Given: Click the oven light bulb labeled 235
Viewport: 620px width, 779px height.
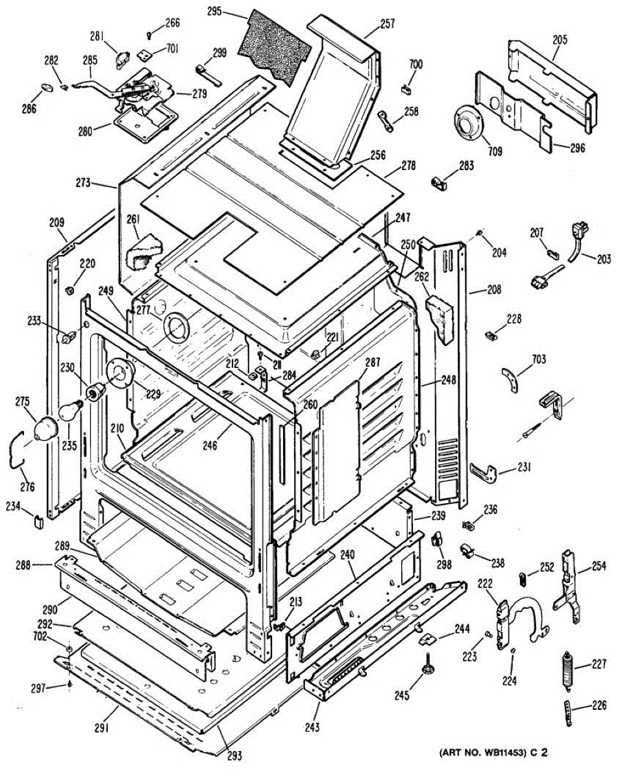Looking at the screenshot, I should point(70,412).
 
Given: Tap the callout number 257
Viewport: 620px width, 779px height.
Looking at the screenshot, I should point(387,24).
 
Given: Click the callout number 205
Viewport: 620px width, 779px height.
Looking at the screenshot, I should point(560,40).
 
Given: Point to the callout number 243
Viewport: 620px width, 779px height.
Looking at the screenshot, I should point(313,728).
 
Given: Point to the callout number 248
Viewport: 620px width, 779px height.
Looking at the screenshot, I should point(429,380).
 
